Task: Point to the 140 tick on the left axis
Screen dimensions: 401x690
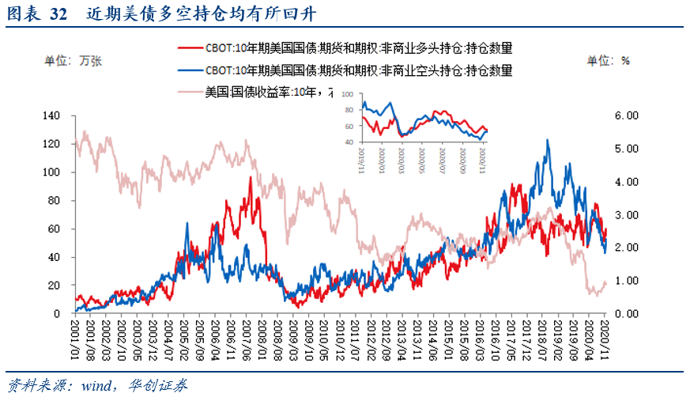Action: pos(51,115)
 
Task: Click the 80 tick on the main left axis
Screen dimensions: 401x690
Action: pos(55,200)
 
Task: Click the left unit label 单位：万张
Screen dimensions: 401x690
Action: pos(74,60)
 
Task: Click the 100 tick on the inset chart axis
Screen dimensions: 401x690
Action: pos(349,94)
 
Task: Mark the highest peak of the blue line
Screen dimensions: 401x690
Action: pos(547,140)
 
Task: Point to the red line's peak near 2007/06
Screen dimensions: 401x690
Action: pos(250,177)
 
